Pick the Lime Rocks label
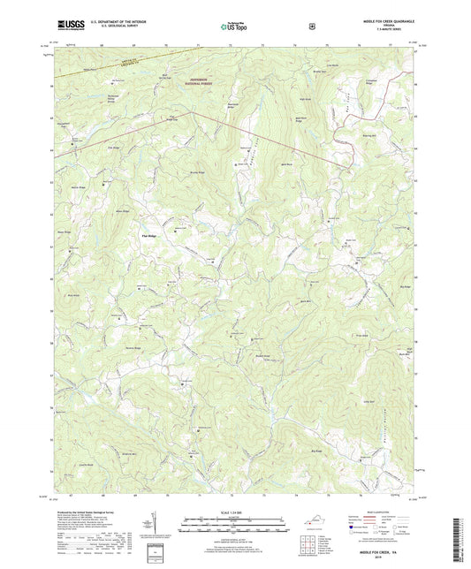tap(334, 64)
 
